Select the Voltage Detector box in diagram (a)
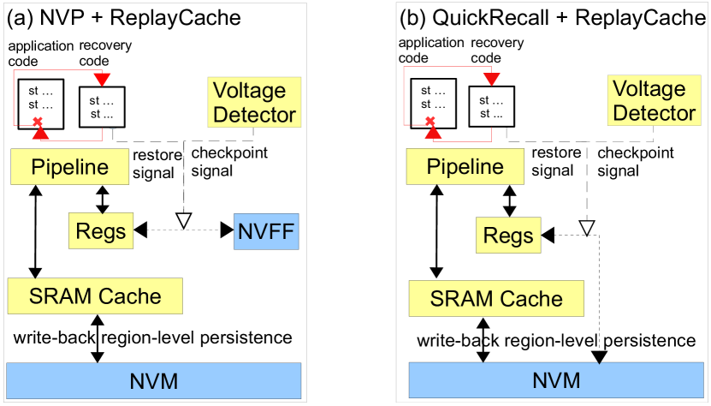click(x=253, y=102)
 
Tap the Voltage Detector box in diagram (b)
click(x=655, y=100)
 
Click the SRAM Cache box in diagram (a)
click(x=95, y=296)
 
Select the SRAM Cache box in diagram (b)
click(x=496, y=299)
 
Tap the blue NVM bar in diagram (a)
click(x=154, y=379)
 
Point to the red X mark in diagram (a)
click(x=36, y=120)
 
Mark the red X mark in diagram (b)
click(x=430, y=121)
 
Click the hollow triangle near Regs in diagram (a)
click(x=181, y=221)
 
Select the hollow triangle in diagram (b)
click(x=586, y=226)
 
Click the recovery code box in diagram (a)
click(x=102, y=108)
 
